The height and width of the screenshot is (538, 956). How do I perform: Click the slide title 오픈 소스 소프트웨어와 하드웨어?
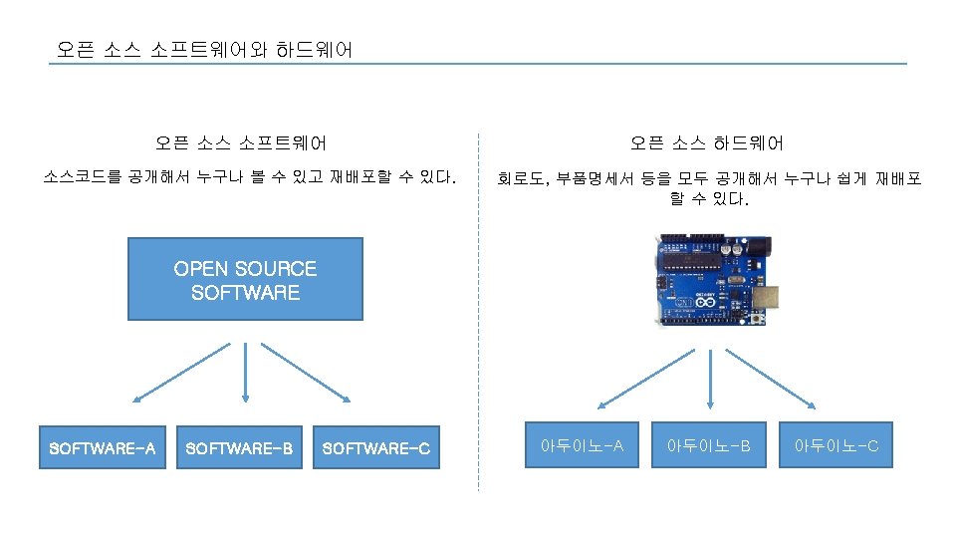tap(204, 49)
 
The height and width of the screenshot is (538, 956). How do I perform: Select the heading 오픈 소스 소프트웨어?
tap(241, 143)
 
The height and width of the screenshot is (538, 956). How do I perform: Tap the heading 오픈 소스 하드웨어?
tap(707, 143)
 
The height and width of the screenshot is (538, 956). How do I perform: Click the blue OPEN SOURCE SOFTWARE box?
tap(245, 279)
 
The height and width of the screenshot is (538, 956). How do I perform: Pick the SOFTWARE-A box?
tap(103, 448)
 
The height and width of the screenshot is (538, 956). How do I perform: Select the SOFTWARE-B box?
tap(239, 448)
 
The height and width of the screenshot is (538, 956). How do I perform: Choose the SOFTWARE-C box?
tap(376, 448)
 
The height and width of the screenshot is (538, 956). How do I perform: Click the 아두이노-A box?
tap(582, 445)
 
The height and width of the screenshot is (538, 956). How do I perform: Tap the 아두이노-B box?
tap(708, 445)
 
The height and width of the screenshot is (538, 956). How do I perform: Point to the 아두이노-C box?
tap(836, 445)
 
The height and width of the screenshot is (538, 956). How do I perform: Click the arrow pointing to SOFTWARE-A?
tap(183, 373)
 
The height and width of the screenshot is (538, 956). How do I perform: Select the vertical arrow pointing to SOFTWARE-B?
tap(245, 373)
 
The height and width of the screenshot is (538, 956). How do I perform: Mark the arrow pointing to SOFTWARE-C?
tap(307, 373)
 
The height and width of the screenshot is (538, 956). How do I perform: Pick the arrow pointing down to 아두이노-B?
tap(709, 378)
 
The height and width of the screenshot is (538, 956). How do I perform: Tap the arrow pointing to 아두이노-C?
tap(772, 378)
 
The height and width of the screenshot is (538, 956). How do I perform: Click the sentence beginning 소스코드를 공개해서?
tap(250, 179)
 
